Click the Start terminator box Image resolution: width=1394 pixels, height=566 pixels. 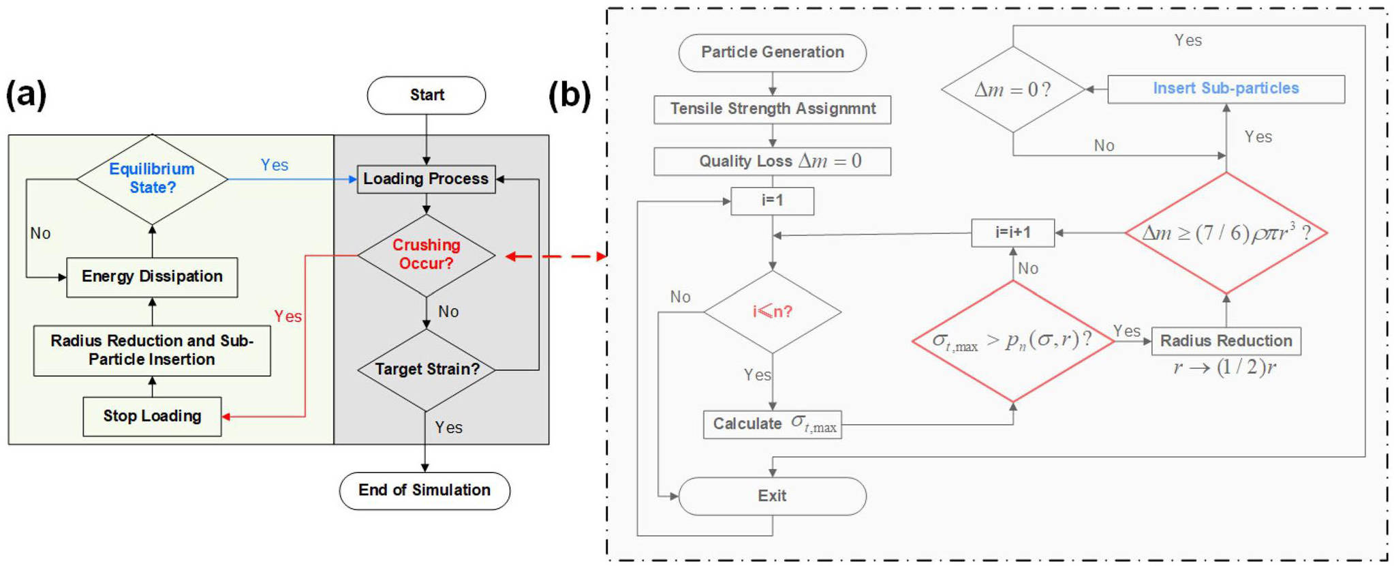tap(427, 95)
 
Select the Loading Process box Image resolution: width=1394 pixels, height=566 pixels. tap(426, 179)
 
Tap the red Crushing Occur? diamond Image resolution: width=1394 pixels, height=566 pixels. tap(426, 255)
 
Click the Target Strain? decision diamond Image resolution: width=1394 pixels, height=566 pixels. tap(427, 370)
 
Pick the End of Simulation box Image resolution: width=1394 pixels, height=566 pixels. tap(424, 490)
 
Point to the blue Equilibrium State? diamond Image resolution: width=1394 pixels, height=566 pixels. tap(152, 179)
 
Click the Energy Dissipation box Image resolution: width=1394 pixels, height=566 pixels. tap(152, 277)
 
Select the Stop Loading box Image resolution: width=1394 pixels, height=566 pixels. tap(152, 416)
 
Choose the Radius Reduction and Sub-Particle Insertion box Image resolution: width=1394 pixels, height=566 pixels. tap(152, 351)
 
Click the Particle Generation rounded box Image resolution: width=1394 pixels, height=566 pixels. tap(772, 53)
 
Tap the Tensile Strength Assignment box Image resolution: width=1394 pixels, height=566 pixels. tap(772, 109)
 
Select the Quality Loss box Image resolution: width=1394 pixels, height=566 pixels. tap(772, 162)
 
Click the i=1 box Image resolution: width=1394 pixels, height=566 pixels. tap(772, 200)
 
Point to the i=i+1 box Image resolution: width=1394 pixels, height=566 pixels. tap(1012, 233)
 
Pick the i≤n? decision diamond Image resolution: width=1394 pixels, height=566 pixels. tap(772, 312)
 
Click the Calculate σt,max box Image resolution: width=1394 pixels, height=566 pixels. tap(772, 424)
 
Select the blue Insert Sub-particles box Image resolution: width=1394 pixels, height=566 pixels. tap(1226, 89)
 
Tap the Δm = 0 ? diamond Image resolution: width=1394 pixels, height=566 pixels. tap(1012, 89)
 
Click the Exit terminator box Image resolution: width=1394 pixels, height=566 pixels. tap(772, 496)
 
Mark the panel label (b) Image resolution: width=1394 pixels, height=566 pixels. tap(570, 95)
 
